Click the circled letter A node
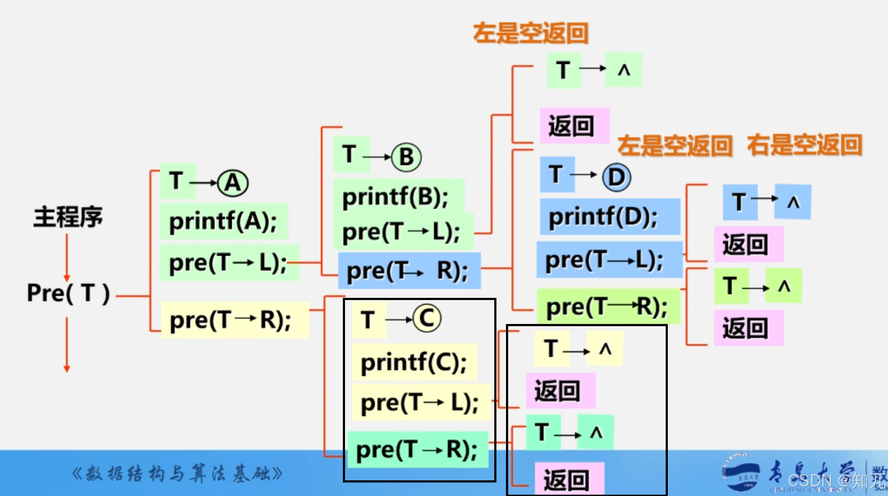[233, 183]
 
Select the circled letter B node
[406, 157]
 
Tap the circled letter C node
[427, 318]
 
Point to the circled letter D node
[616, 177]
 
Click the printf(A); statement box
[223, 221]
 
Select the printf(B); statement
[396, 197]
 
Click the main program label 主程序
[68, 217]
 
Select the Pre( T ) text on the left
[68, 293]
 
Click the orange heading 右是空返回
[804, 145]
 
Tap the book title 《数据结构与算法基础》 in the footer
[177, 474]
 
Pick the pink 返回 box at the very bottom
[568, 479]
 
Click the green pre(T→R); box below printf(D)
[607, 307]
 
